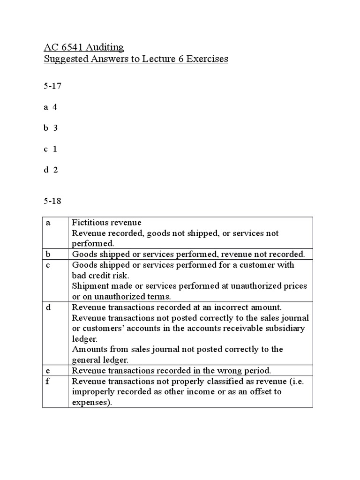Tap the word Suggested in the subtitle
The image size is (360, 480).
click(64, 60)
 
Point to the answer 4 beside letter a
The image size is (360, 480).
click(55, 107)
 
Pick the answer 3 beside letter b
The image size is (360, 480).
click(55, 128)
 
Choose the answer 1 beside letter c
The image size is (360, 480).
click(55, 149)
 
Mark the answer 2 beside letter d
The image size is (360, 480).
click(55, 170)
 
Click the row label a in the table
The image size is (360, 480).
click(47, 223)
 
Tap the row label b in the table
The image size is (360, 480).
click(48, 254)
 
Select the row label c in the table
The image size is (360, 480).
click(47, 265)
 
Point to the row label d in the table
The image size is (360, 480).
click(48, 307)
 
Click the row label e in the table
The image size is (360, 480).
click(47, 370)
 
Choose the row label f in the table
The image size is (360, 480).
click(47, 381)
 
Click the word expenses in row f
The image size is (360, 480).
click(92, 402)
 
